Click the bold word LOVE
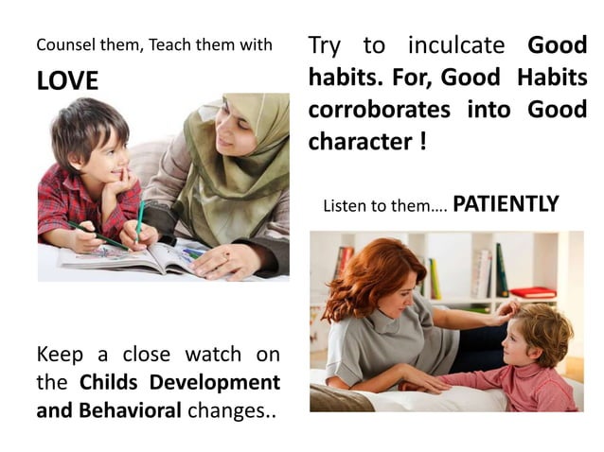(67, 81)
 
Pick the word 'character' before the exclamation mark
(359, 141)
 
